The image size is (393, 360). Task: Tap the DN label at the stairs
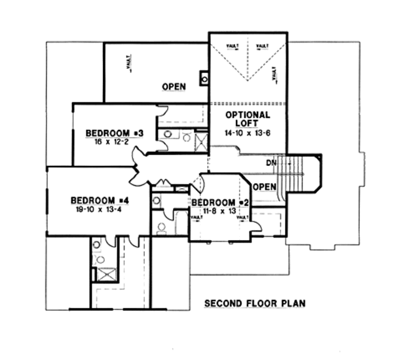tap(271, 162)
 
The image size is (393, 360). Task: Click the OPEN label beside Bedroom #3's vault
tap(174, 86)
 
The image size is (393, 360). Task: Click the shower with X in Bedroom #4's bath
tap(104, 273)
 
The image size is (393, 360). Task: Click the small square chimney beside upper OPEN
tap(205, 80)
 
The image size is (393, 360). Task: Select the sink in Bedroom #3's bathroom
tap(169, 134)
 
